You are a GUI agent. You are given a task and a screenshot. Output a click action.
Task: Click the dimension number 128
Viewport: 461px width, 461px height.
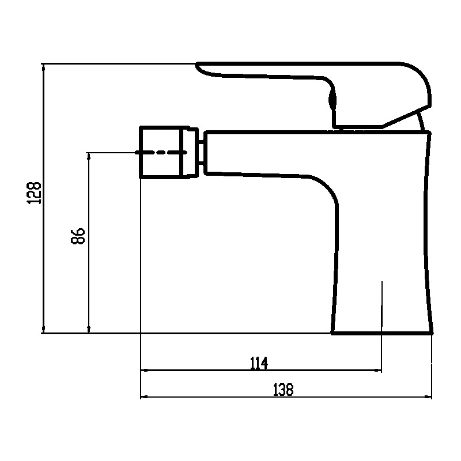point(34,193)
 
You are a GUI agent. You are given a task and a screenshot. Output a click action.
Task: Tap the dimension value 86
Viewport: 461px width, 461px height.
point(78,236)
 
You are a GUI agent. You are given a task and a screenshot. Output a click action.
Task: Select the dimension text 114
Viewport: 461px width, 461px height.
point(259,363)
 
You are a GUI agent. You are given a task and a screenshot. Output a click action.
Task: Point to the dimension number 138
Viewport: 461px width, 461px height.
point(284,390)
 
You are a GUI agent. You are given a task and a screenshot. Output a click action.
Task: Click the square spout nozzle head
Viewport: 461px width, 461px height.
point(168,152)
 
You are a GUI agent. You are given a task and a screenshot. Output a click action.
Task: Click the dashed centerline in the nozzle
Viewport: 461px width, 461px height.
point(161,152)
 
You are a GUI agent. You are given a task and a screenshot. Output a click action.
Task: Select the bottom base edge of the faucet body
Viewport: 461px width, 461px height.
point(382,333)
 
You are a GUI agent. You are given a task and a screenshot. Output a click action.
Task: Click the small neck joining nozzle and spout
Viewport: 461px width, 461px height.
point(201,152)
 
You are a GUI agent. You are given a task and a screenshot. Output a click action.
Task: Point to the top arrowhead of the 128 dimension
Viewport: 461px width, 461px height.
point(44,67)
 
